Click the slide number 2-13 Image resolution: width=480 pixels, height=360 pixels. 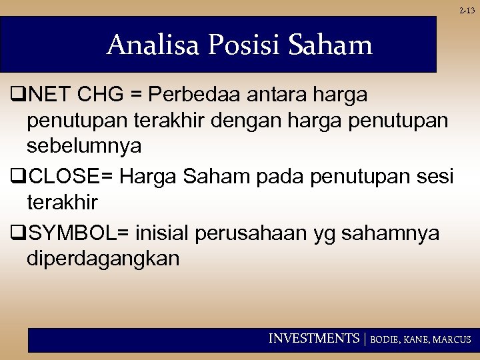(467, 11)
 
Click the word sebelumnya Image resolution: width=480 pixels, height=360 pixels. (84, 146)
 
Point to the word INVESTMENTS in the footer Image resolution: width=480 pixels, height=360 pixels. (313, 339)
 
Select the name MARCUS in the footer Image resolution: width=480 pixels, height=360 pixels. (452, 339)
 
